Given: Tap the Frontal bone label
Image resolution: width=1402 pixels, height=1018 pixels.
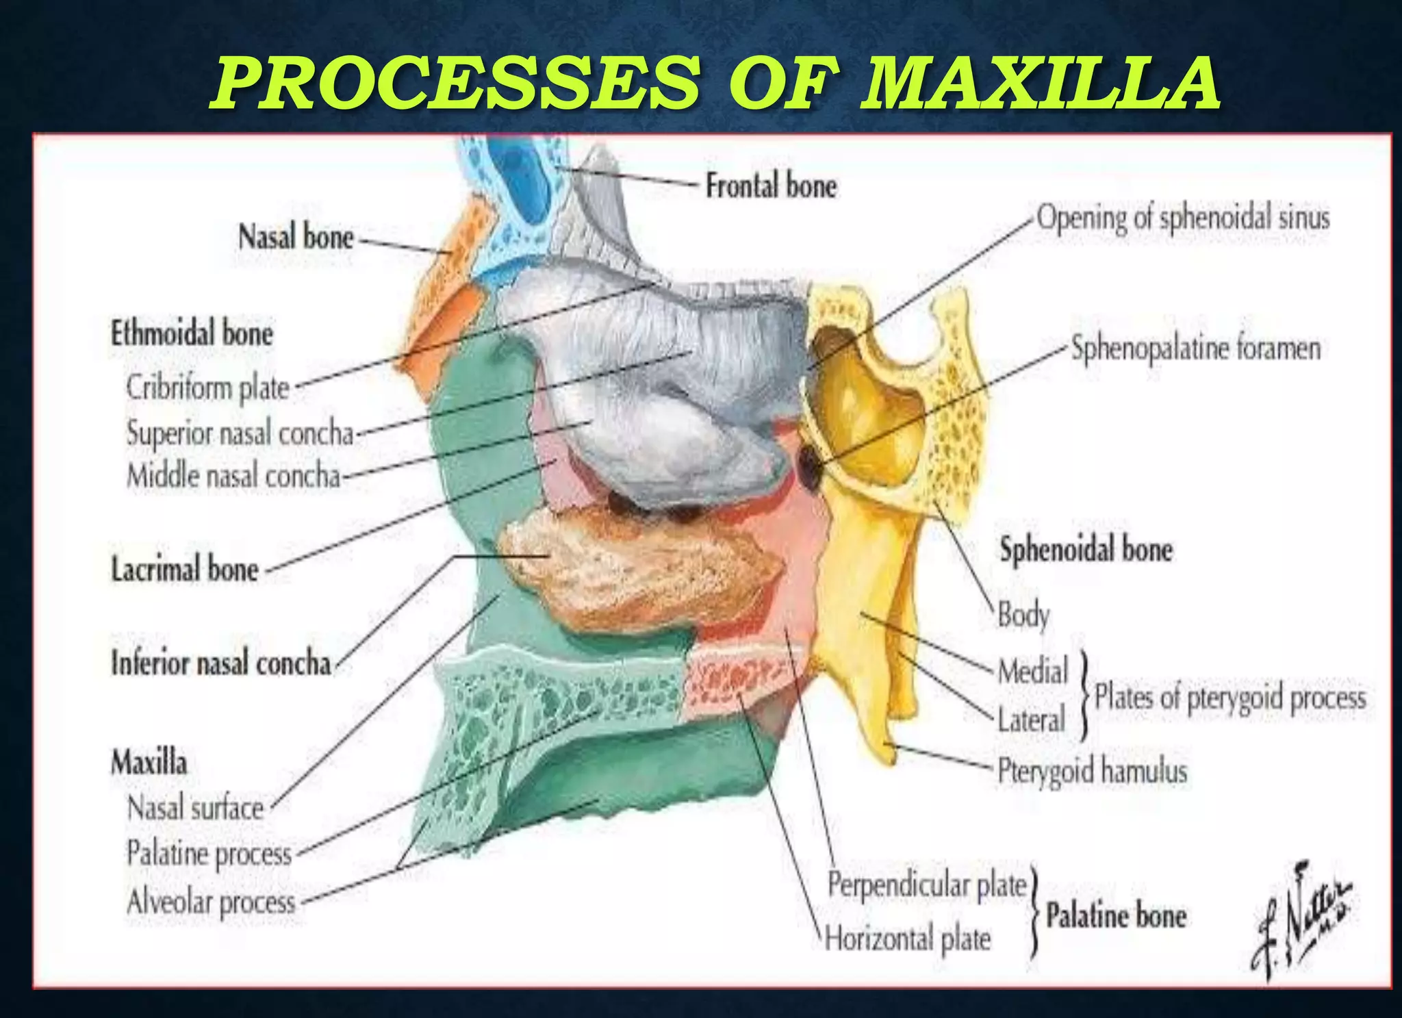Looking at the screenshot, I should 771,186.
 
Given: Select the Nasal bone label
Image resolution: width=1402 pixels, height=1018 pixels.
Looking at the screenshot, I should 296,238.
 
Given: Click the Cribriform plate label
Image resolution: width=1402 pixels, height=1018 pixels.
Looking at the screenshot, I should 208,388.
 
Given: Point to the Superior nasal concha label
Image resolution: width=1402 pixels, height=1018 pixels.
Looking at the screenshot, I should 240,433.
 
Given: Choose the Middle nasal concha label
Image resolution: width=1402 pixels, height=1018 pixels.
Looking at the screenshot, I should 233,476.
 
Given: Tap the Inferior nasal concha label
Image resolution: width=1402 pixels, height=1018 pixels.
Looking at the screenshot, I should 221,663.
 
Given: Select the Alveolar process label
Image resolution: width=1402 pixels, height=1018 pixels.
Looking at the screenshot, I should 211,902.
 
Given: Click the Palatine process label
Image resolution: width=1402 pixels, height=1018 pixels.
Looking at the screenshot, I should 209,854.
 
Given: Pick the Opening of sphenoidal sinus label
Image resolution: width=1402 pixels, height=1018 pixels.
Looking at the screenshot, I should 1182,218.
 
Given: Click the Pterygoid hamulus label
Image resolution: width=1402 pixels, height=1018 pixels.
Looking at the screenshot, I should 1092,771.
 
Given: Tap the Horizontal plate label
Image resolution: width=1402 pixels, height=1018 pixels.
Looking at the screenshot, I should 908,939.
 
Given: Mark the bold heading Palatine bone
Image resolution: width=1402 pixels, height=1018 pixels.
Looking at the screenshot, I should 1116,916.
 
